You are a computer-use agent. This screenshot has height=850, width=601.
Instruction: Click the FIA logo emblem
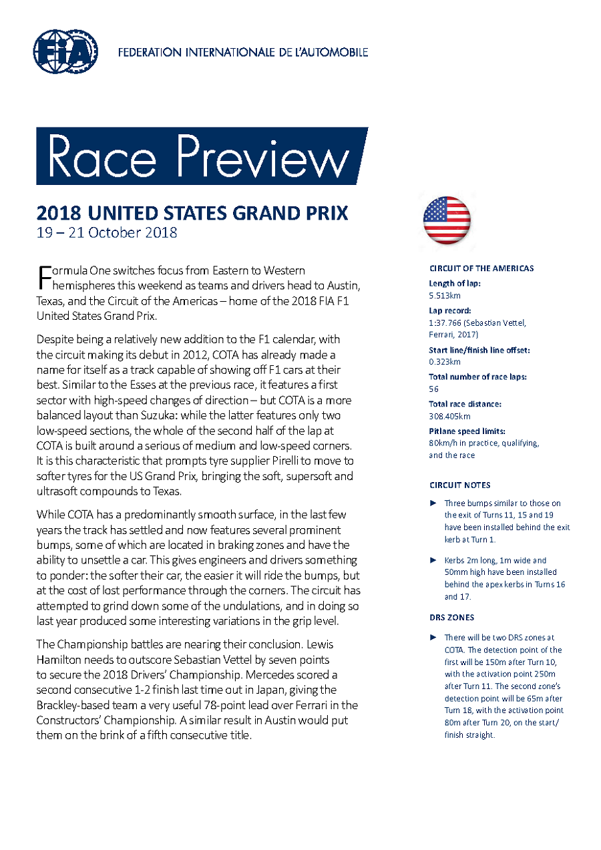(x=65, y=51)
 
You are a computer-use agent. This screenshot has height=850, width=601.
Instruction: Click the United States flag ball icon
(x=447, y=220)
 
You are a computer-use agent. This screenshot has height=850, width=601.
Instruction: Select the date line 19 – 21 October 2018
(x=107, y=233)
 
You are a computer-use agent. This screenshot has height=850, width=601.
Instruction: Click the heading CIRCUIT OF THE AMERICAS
(x=481, y=268)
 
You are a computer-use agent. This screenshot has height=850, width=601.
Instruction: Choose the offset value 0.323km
(x=444, y=361)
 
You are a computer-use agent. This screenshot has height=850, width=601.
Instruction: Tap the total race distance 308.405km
(x=449, y=415)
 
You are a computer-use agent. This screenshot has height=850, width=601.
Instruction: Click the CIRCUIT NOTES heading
(x=459, y=485)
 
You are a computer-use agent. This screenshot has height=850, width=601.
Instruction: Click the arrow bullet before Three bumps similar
(x=433, y=503)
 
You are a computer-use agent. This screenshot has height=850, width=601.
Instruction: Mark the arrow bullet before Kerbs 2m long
(x=433, y=560)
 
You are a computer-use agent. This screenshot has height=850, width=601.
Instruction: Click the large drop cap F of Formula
(x=43, y=276)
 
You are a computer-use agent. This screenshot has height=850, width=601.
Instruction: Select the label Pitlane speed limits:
(x=466, y=431)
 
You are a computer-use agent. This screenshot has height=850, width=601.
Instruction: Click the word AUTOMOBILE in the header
(x=333, y=52)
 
